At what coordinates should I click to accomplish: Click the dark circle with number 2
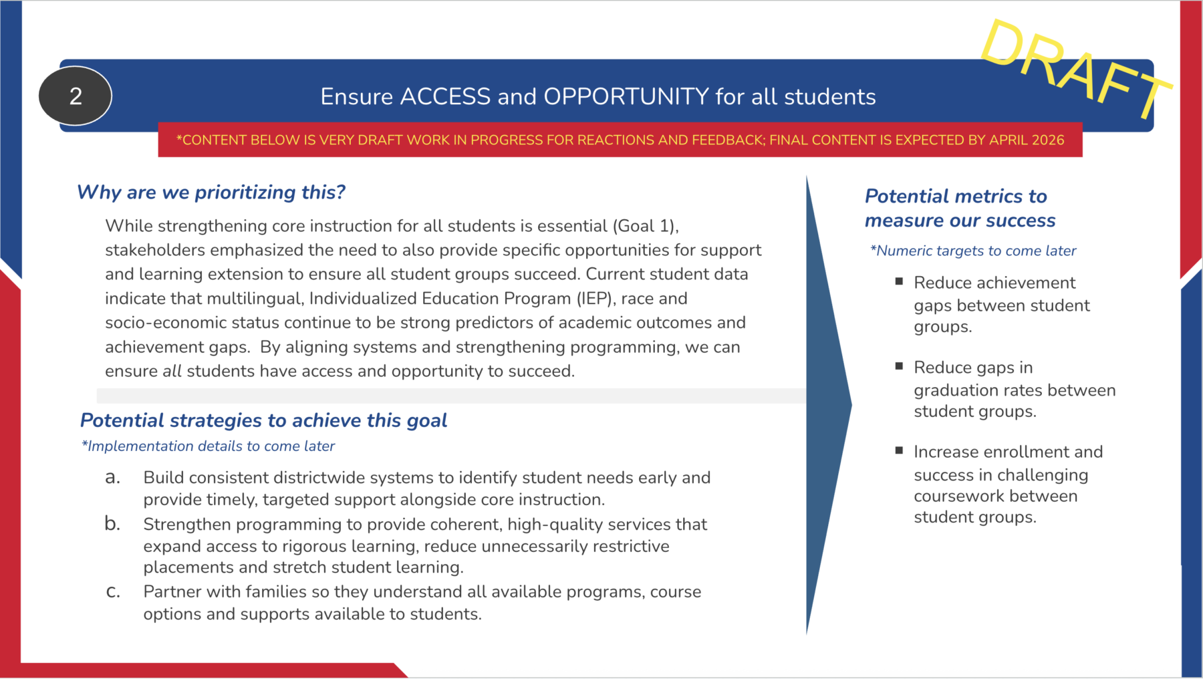(x=76, y=96)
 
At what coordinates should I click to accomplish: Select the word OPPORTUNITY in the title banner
(x=626, y=97)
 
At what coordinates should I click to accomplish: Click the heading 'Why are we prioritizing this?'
(x=211, y=192)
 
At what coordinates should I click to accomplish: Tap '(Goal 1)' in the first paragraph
(x=645, y=226)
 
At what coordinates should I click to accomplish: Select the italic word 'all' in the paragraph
(x=172, y=372)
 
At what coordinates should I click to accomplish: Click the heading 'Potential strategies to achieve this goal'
(x=263, y=420)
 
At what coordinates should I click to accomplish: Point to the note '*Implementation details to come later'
(x=208, y=446)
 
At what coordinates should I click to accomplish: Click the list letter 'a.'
(x=113, y=477)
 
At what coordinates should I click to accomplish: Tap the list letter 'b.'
(x=112, y=524)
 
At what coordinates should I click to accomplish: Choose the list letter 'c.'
(x=113, y=591)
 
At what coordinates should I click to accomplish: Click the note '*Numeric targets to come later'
(x=973, y=251)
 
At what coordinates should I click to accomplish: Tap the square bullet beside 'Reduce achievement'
(x=899, y=281)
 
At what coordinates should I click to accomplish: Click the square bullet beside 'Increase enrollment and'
(x=899, y=450)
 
